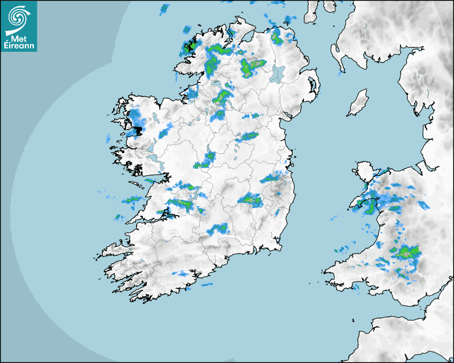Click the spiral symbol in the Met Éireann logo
click(17, 18)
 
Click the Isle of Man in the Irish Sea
click(358, 103)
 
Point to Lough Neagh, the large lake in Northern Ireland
click(277, 73)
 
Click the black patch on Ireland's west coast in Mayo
click(138, 130)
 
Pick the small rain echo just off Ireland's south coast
click(205, 285)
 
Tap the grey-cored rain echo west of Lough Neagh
click(251, 66)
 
